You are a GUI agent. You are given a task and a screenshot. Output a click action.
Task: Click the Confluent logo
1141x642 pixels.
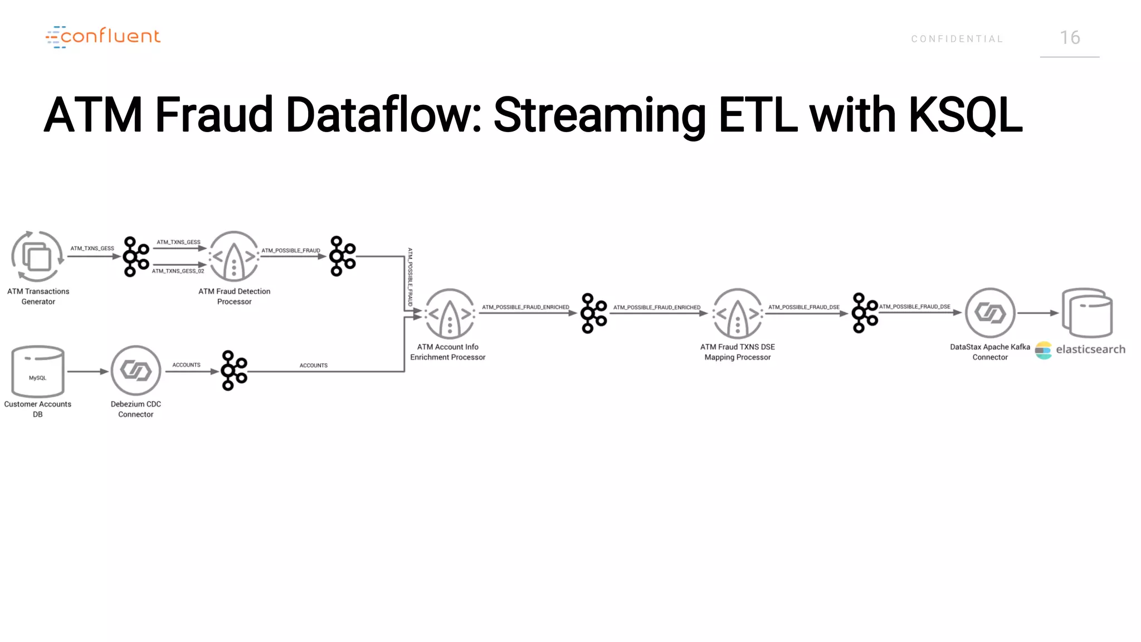pyautogui.click(x=103, y=37)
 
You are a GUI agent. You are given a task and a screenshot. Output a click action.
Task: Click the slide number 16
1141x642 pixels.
pyautogui.click(x=1070, y=38)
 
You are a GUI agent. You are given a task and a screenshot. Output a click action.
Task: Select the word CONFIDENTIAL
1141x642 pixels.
pyautogui.click(x=957, y=39)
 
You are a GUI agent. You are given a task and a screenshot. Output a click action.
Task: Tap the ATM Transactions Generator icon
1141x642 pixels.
pyautogui.click(x=37, y=257)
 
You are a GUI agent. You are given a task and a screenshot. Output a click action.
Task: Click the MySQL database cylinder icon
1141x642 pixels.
pyautogui.click(x=38, y=371)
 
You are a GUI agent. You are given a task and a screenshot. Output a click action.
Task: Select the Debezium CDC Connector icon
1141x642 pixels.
pyautogui.click(x=136, y=371)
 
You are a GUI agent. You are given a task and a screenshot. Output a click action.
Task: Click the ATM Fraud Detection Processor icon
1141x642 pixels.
pyautogui.click(x=234, y=257)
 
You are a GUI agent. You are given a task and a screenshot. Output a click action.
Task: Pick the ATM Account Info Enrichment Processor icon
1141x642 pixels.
pyautogui.click(x=450, y=314)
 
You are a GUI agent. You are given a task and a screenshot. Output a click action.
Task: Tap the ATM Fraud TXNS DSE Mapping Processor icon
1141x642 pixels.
pyautogui.click(x=738, y=314)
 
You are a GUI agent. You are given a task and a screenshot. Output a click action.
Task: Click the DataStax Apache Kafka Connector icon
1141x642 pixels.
pyautogui.click(x=990, y=313)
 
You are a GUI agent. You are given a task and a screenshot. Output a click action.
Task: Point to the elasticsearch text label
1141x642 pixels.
pyautogui.click(x=1090, y=349)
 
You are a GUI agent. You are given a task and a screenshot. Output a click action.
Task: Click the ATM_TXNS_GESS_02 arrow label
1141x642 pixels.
pyautogui.click(x=178, y=271)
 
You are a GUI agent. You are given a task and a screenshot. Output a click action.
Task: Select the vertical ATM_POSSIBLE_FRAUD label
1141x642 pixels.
pyautogui.click(x=410, y=277)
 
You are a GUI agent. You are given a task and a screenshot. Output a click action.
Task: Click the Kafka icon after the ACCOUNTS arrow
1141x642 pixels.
pyautogui.click(x=233, y=371)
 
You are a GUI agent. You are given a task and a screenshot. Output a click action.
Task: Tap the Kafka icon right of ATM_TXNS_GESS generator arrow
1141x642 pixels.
pyautogui.click(x=135, y=257)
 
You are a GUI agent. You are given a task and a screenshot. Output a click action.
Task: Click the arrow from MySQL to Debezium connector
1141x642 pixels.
pyautogui.click(x=87, y=371)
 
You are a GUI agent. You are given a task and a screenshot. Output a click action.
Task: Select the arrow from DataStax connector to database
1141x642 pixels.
pyautogui.click(x=1037, y=313)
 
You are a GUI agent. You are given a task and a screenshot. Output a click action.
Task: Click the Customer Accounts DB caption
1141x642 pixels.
pyautogui.click(x=38, y=409)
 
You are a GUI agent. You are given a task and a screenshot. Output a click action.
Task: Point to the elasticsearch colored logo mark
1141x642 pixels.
pyautogui.click(x=1043, y=351)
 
